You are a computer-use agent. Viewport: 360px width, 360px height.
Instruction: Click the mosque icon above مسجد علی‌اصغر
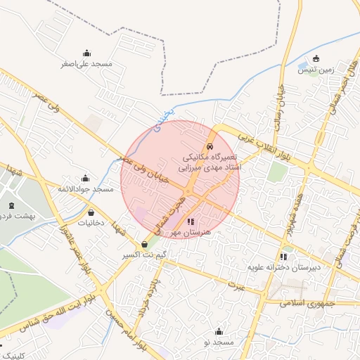(86, 53)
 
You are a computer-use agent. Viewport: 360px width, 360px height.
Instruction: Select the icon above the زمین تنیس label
(316, 58)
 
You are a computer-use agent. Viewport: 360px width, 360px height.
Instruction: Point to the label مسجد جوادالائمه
(86, 189)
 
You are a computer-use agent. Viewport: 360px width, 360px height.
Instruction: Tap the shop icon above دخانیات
(91, 212)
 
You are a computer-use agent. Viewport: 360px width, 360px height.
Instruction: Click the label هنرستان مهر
(191, 231)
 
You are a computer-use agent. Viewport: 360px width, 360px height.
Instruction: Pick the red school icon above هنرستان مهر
(191, 221)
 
